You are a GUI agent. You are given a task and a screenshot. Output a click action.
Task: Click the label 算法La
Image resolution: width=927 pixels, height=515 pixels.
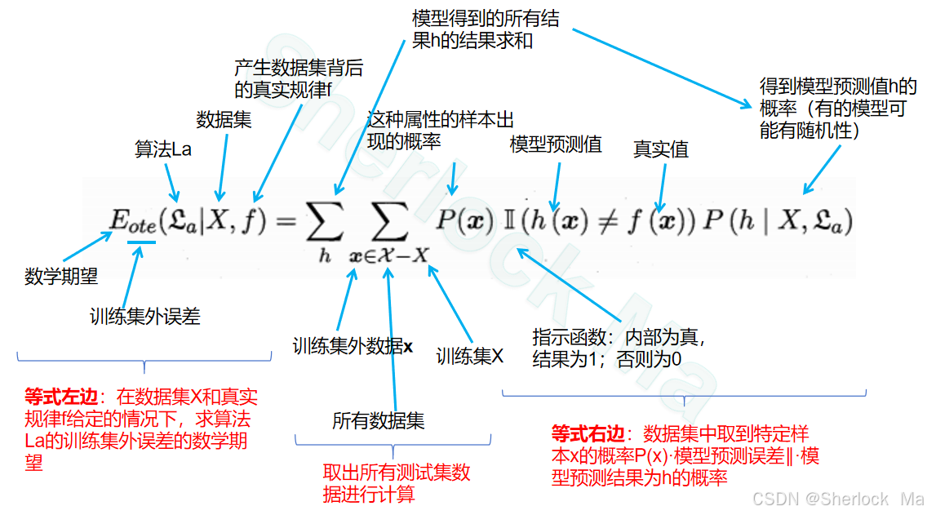click(x=163, y=149)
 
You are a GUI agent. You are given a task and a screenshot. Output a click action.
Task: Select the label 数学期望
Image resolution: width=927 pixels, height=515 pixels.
click(x=61, y=277)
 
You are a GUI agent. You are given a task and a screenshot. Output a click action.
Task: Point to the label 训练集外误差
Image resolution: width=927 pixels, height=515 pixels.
click(x=144, y=317)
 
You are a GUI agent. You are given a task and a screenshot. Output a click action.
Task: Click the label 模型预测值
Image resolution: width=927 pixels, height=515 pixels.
click(x=556, y=145)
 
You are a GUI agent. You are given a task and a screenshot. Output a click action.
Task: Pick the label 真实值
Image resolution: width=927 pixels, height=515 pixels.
click(x=661, y=149)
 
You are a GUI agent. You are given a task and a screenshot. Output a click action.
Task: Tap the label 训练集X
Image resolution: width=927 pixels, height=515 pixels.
click(x=470, y=356)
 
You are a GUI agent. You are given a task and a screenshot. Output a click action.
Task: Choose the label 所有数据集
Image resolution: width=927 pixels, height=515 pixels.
click(x=378, y=421)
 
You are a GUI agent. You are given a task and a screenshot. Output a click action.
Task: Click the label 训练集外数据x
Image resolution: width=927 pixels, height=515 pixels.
click(x=353, y=346)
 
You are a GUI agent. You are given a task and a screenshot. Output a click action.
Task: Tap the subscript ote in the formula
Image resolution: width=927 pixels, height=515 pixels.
click(x=142, y=229)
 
